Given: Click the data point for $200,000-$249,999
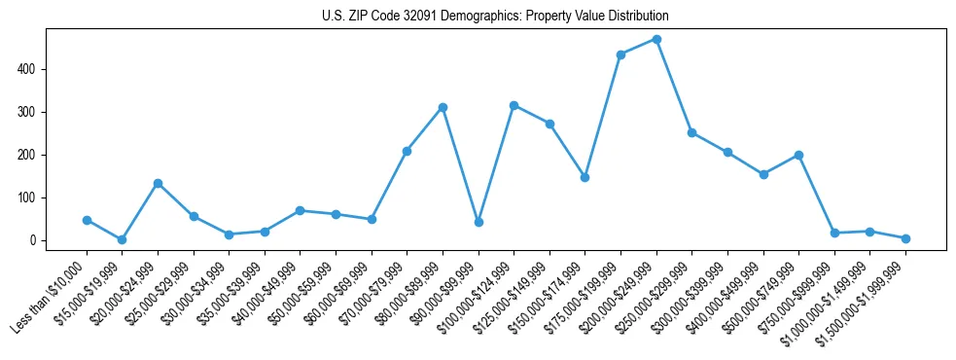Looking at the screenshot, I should [656, 39].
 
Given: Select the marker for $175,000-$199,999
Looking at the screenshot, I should [620, 54].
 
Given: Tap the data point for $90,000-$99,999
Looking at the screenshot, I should [478, 222].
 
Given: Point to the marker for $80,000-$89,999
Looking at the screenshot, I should [443, 107].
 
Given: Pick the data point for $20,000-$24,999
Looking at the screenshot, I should [158, 183].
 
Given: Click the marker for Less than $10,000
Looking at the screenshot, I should [87, 220].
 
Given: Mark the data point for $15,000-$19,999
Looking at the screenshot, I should [122, 239].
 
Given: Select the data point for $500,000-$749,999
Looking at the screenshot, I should [798, 155].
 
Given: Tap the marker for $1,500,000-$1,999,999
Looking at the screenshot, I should [905, 238].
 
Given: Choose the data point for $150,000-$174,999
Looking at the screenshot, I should [584, 177].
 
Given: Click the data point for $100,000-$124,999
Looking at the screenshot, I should [513, 105].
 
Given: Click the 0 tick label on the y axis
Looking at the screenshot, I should [33, 240].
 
